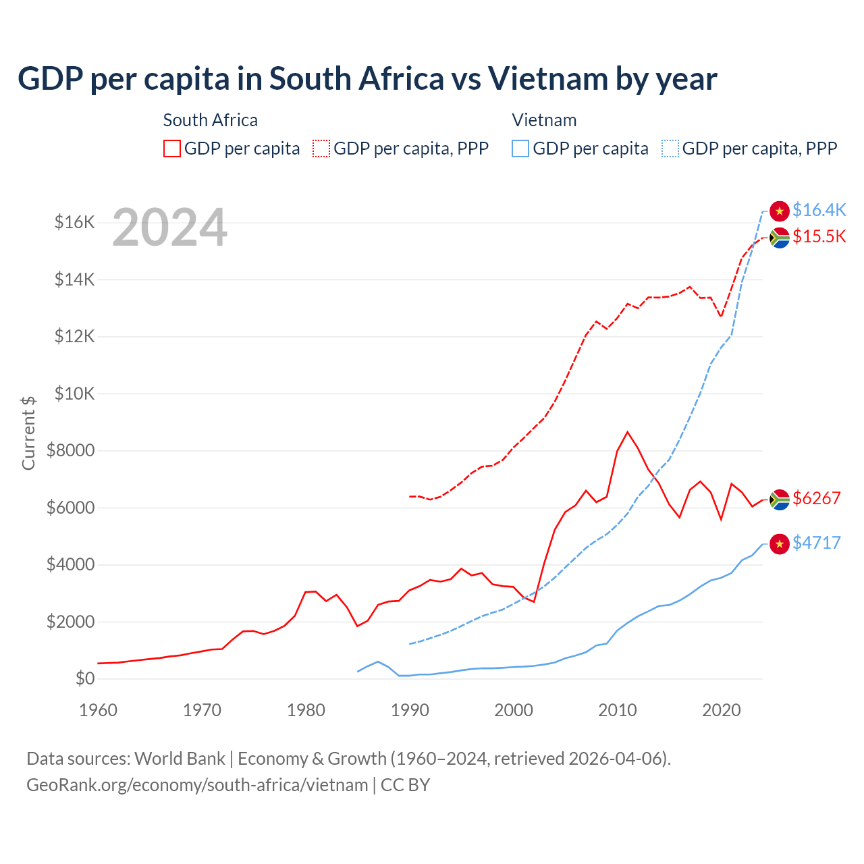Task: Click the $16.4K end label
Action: coord(819,211)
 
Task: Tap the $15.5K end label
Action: coord(819,237)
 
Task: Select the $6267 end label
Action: coord(816,499)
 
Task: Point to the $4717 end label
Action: coord(816,543)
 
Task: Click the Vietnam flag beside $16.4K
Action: coord(780,211)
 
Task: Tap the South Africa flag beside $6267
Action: coord(780,500)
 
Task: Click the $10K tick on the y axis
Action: coord(74,394)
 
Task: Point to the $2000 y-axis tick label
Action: coord(70,622)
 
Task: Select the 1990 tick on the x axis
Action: coord(410,710)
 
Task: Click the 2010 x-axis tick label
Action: coord(618,710)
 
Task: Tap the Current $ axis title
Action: coord(28,433)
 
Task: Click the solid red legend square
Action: coord(172,148)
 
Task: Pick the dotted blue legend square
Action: coord(670,148)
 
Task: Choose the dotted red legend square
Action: coord(321,148)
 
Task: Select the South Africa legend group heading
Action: coord(210,120)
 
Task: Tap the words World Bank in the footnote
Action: coord(180,759)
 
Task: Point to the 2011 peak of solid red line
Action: coord(628,432)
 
